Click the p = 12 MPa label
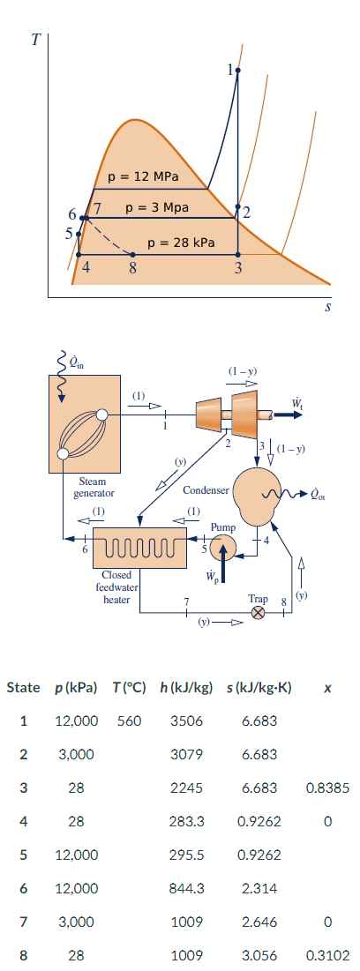143,176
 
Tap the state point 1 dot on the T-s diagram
236,69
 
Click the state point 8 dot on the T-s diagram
132,255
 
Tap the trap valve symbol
259,612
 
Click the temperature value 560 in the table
130,721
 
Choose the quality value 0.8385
326,788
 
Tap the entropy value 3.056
259,955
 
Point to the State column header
24,687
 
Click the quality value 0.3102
326,955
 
